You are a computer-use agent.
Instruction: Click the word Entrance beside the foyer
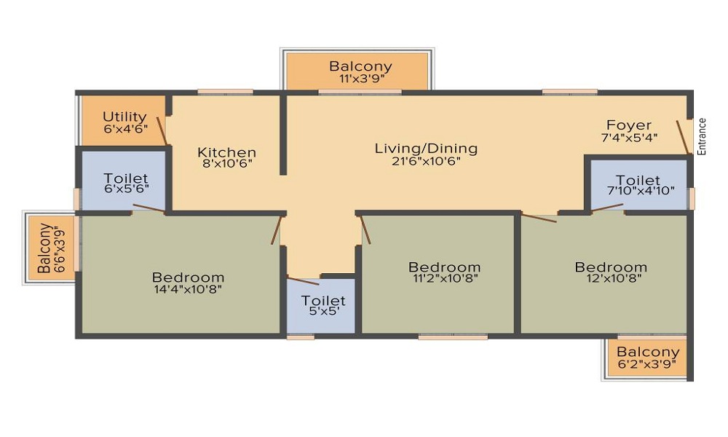(x=702, y=136)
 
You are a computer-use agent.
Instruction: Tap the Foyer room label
(x=629, y=125)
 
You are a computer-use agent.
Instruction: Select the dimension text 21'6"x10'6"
(x=426, y=161)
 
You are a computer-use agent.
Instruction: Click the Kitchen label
(x=226, y=152)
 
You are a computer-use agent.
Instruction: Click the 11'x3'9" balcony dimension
(x=362, y=78)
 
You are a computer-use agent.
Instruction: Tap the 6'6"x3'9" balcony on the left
(x=52, y=248)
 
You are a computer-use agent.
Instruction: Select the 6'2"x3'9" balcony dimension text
(x=646, y=364)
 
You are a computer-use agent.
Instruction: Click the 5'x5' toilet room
(x=321, y=306)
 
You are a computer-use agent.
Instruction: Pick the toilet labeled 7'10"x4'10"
(x=638, y=184)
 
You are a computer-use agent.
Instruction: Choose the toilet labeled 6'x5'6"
(x=124, y=181)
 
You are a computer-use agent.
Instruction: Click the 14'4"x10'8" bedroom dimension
(x=188, y=289)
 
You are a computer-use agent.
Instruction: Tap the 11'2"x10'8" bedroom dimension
(x=446, y=278)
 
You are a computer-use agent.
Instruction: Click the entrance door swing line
(x=683, y=138)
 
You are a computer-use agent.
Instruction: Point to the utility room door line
(x=162, y=131)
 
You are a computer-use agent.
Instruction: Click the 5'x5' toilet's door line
(x=303, y=281)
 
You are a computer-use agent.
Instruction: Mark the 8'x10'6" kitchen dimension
(x=227, y=163)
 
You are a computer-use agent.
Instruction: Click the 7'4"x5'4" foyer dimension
(x=629, y=138)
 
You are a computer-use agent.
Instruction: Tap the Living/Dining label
(x=426, y=149)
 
